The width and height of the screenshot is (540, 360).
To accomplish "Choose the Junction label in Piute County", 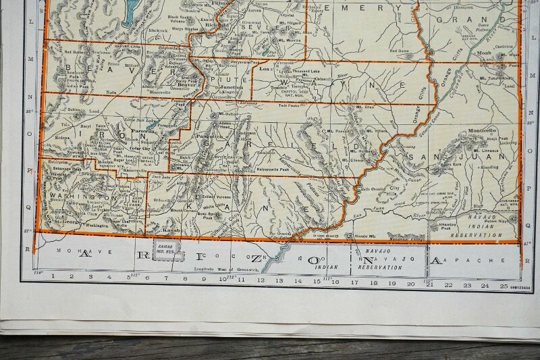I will (x=232, y=88).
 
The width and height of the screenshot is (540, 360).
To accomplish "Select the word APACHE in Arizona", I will (x=483, y=260).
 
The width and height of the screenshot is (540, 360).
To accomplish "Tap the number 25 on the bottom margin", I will (x=503, y=286).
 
